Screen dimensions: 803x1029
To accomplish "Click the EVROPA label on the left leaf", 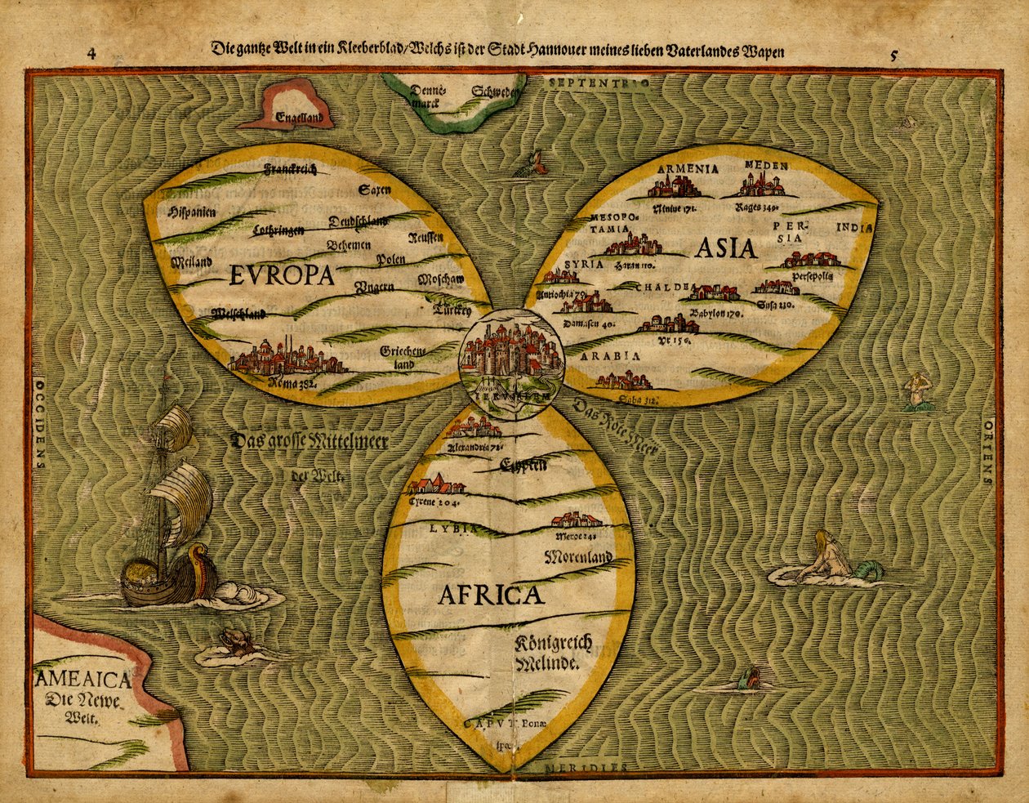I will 282,275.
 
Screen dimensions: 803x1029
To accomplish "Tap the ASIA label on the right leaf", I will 726,248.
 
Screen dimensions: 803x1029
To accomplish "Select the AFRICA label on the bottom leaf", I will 490,594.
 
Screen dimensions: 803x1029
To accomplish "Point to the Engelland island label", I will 305,118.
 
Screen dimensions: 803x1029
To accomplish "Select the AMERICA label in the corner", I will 83,679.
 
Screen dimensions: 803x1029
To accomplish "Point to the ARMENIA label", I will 687,169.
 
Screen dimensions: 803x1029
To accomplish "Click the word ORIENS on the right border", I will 989,453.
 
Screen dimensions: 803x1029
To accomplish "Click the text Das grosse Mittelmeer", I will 310,442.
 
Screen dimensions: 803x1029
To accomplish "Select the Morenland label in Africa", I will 577,557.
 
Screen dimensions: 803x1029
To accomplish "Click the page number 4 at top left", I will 92,54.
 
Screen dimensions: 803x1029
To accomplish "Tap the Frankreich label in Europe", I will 290,169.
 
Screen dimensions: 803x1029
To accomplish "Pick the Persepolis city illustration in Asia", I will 810,260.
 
